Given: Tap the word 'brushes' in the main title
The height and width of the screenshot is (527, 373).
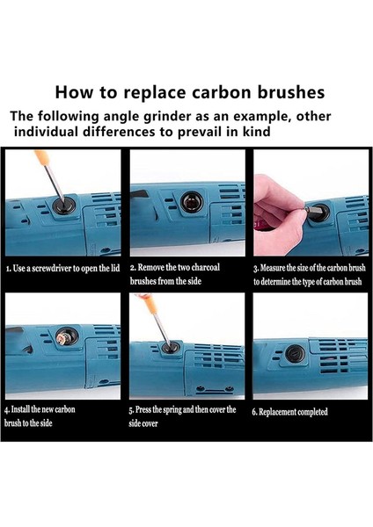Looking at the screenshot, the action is point(291,92).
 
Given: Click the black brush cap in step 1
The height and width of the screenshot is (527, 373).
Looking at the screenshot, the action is point(64,206).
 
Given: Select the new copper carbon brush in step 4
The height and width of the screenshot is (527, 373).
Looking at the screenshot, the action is point(63,337).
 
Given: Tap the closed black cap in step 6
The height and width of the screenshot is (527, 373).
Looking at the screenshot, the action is point(296,354).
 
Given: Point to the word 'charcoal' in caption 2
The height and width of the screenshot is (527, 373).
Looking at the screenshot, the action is point(205,268).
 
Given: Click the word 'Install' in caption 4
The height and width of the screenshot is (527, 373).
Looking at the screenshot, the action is point(20,409).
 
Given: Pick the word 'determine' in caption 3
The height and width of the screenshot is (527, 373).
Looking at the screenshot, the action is point(274,281).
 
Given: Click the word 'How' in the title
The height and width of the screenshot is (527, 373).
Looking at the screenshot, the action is point(74,92).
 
